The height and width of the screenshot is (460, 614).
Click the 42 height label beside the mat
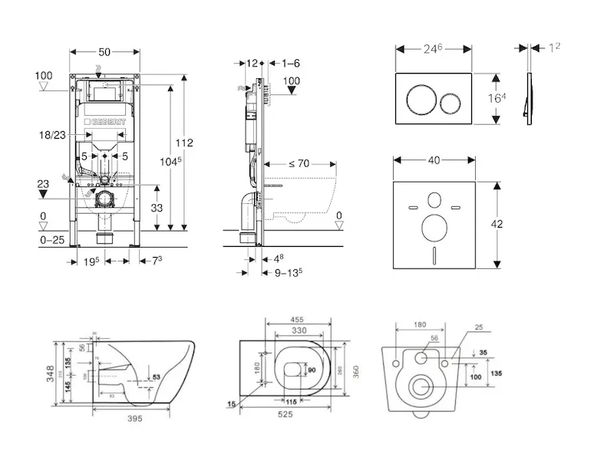tap(497, 225)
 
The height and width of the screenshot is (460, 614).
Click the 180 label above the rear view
tap(420, 325)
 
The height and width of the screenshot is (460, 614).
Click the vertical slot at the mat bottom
tap(434, 255)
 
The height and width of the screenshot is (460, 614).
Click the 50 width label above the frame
tap(105, 51)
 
